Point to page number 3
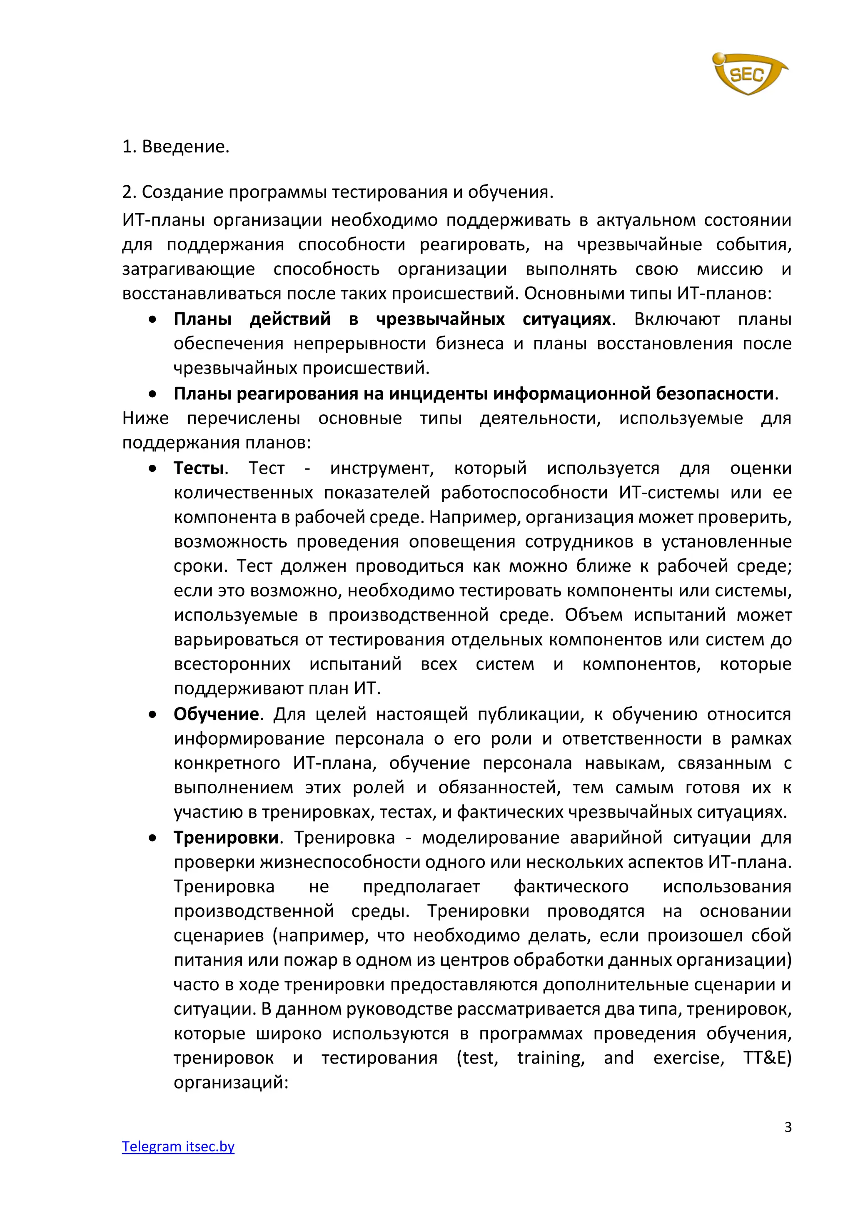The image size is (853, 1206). pos(787,1127)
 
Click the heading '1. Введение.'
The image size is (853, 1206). pos(175,147)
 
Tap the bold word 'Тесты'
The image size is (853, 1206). pos(199,468)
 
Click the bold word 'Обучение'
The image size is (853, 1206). pos(216,714)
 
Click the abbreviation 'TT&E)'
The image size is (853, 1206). pos(767,1057)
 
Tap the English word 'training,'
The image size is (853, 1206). pos(551,1057)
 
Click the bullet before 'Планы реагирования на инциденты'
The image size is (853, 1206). pos(152,394)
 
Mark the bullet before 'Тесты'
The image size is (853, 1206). pos(152,468)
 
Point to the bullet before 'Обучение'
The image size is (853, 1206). pos(152,714)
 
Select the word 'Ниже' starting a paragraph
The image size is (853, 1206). pos(145,418)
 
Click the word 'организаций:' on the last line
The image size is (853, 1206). pos(231,1082)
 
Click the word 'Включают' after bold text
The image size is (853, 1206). pos(676,319)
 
